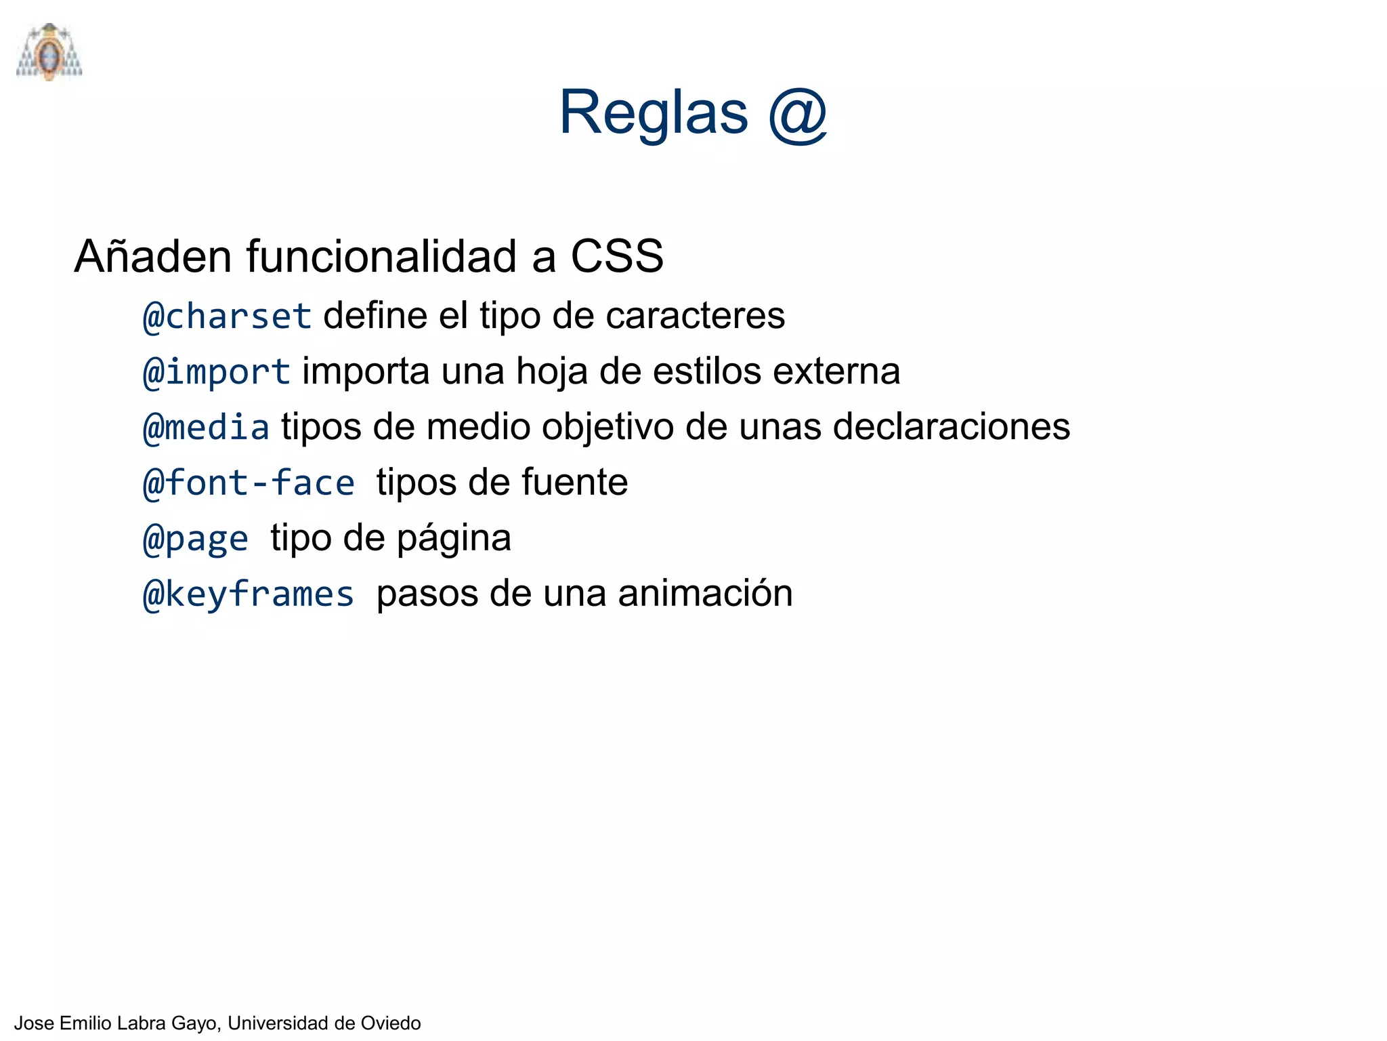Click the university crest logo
coord(49,52)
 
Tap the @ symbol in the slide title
coord(797,115)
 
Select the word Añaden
coord(154,257)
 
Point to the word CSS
coord(616,257)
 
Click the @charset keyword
coord(228,317)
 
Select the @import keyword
coord(217,372)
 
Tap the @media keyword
coord(207,428)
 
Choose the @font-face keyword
coord(249,483)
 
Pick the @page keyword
coord(196,539)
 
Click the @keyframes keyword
coord(249,594)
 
